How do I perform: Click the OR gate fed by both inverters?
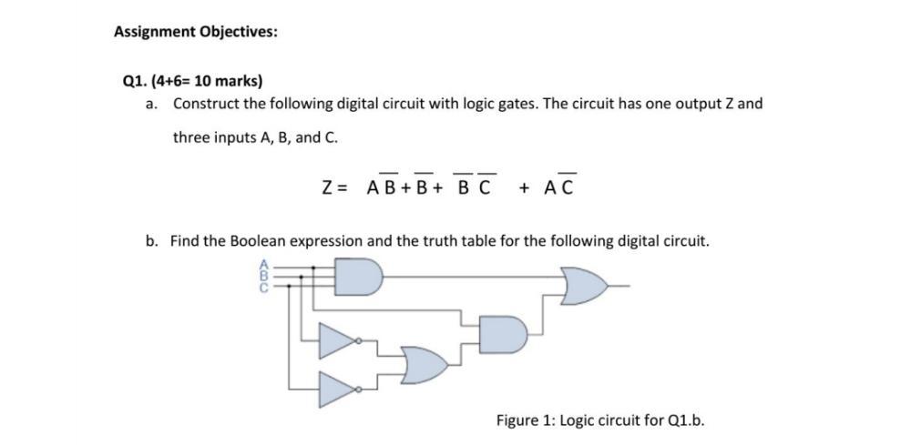pyautogui.click(x=425, y=365)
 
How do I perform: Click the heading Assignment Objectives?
pyautogui.click(x=196, y=32)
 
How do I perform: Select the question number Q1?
pyautogui.click(x=133, y=80)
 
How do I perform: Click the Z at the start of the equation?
pyautogui.click(x=328, y=188)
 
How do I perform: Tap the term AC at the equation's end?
pyautogui.click(x=558, y=188)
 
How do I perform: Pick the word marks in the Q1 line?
pyautogui.click(x=238, y=80)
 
